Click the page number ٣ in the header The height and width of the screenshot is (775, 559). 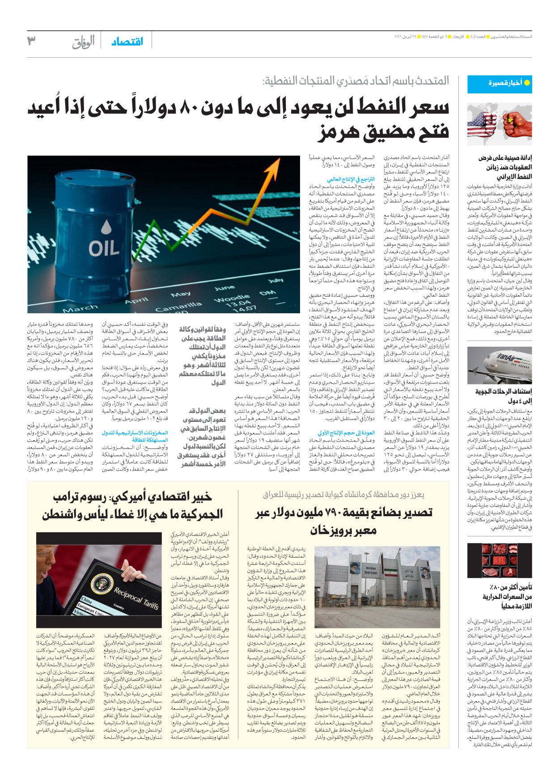(x=31, y=41)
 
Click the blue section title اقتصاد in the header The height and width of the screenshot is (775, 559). (x=127, y=42)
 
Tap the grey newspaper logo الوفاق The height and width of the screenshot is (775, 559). (x=84, y=42)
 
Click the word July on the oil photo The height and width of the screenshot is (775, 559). (x=275, y=281)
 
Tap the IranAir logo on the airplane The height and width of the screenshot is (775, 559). (x=506, y=358)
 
